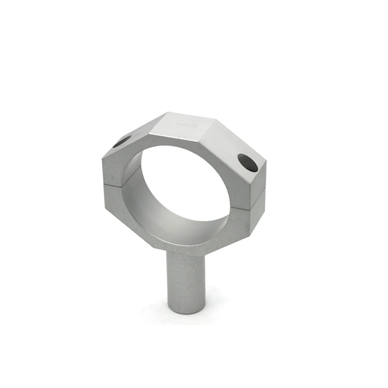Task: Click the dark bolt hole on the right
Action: tap(247, 163)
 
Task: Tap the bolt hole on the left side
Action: tap(122, 142)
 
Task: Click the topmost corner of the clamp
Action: tap(168, 113)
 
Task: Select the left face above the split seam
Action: tap(113, 168)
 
